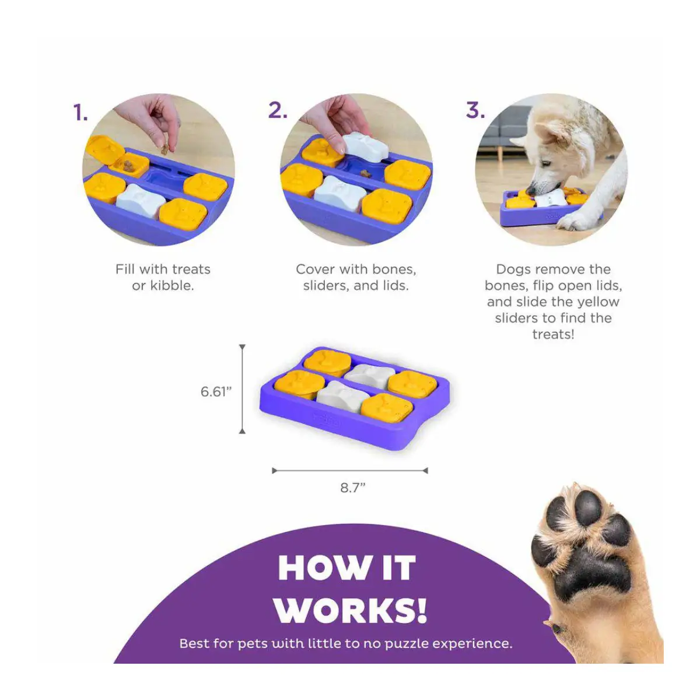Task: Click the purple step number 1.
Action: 80,112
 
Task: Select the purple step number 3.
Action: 475,110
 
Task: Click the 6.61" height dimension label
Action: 216,391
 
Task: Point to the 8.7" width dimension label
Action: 353,488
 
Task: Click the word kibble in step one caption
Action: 172,285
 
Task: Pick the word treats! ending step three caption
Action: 553,334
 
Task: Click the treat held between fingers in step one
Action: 164,149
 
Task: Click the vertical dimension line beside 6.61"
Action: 242,389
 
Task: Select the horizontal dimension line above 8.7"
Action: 350,471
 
